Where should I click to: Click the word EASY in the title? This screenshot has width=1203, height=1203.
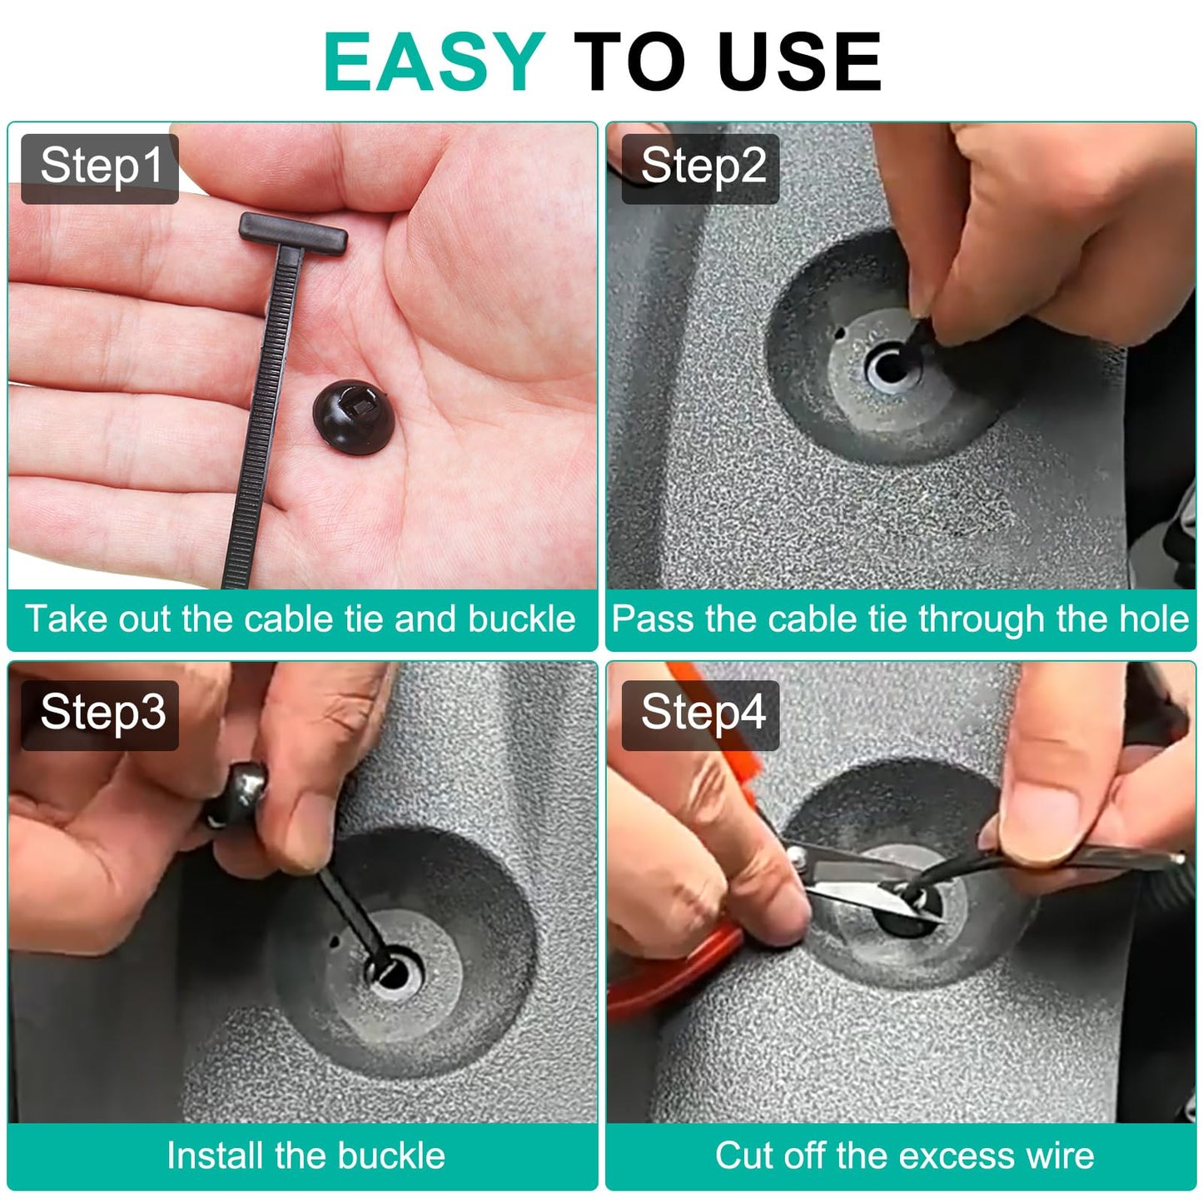tap(435, 61)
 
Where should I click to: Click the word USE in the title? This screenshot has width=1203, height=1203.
tap(800, 61)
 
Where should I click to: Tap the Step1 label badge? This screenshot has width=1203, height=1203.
tap(100, 168)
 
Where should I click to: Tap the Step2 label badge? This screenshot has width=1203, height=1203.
tap(700, 168)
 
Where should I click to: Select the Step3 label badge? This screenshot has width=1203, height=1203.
tap(100, 715)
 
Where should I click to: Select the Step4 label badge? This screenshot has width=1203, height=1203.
tap(700, 715)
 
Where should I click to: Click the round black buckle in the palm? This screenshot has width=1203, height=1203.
tap(353, 416)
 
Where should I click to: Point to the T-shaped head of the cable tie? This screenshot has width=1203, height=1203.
tap(293, 233)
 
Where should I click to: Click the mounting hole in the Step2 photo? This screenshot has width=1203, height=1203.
tap(888, 367)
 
